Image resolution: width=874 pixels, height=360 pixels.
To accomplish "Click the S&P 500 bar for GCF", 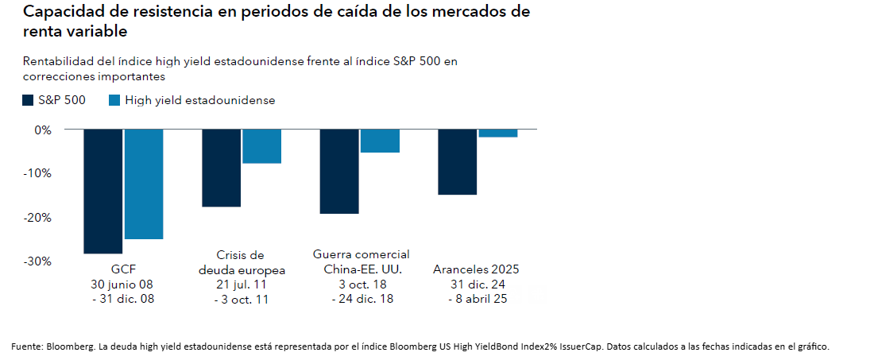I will tap(102, 191).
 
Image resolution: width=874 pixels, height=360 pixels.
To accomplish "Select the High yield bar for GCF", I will tap(144, 184).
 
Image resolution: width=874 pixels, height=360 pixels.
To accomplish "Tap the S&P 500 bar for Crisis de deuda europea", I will tap(221, 168).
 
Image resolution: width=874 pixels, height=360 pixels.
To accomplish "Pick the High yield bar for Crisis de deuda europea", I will tap(262, 146).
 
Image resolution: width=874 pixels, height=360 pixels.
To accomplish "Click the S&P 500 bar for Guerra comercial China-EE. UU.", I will tap(339, 171).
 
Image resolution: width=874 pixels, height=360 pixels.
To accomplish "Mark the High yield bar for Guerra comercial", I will tap(380, 141).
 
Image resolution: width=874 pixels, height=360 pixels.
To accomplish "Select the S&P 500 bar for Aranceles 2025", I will tap(458, 161).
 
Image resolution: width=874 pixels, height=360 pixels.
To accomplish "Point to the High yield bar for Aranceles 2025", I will tap(498, 133).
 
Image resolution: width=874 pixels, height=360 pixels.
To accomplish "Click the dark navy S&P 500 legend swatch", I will tap(28, 100).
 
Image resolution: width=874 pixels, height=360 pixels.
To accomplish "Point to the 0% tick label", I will tap(43, 129).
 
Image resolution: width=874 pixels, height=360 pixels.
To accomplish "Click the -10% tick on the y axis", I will tap(39, 173).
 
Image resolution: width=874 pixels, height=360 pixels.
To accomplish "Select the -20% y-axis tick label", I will tap(39, 217).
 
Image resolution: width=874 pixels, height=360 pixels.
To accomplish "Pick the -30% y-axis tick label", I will tap(39, 261).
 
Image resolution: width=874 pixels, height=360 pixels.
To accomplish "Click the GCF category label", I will tap(124, 269).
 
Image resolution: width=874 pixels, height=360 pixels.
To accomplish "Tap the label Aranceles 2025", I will tap(476, 269).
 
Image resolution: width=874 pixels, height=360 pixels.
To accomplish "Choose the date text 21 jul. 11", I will tap(242, 285).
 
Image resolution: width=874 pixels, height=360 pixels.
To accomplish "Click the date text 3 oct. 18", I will tap(362, 284).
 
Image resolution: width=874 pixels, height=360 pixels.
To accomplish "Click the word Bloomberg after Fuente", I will tap(68, 346).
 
